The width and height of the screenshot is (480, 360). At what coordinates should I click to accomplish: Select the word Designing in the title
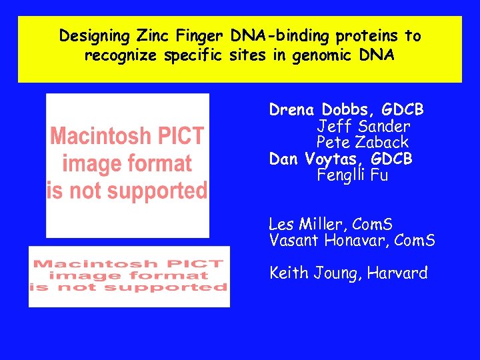pyautogui.click(x=97, y=35)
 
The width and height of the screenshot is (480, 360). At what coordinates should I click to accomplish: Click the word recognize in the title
pyautogui.click(x=121, y=55)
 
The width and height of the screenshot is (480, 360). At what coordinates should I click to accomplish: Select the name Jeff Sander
pyautogui.click(x=363, y=126)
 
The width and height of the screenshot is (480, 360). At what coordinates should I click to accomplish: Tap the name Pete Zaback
pyautogui.click(x=363, y=142)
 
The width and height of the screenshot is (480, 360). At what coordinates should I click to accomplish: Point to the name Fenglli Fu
pyautogui.click(x=353, y=175)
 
